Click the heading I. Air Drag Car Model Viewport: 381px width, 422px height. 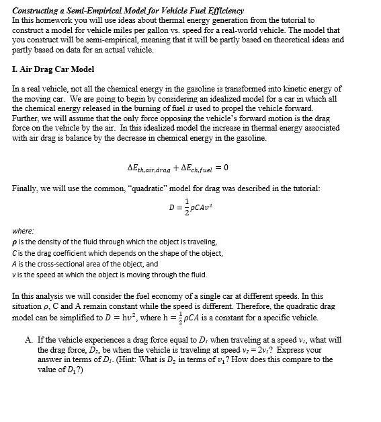(x=54, y=69)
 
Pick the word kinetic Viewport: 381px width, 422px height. (x=286, y=89)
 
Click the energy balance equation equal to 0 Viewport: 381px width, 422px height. (x=173, y=166)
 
